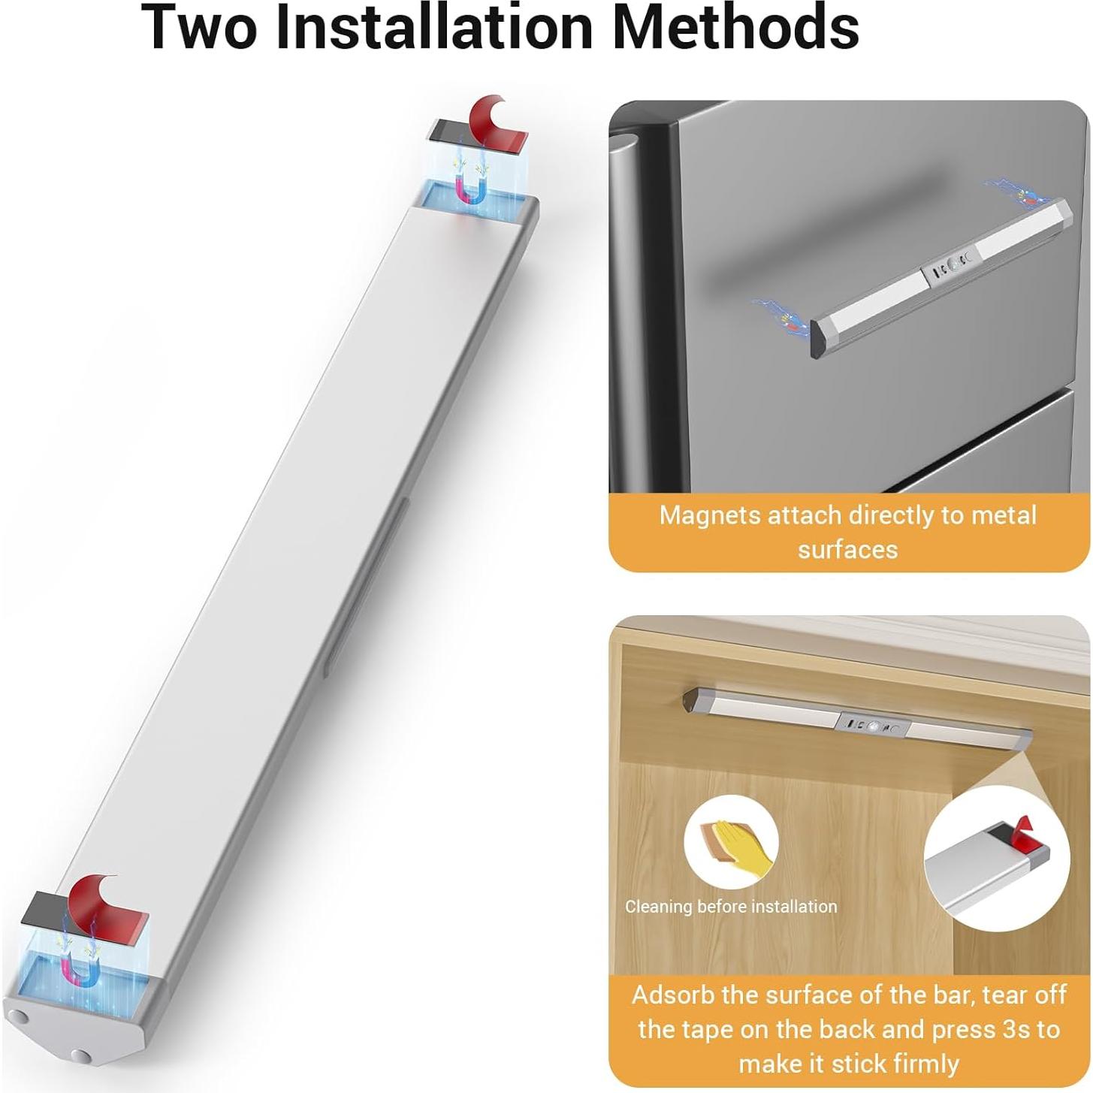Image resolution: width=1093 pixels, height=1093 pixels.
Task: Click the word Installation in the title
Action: (435, 27)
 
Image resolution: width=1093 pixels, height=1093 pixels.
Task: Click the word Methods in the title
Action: (735, 27)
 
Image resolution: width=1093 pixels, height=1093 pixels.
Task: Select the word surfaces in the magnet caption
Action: (847, 550)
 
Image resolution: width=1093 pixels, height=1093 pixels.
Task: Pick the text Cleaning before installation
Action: (731, 907)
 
